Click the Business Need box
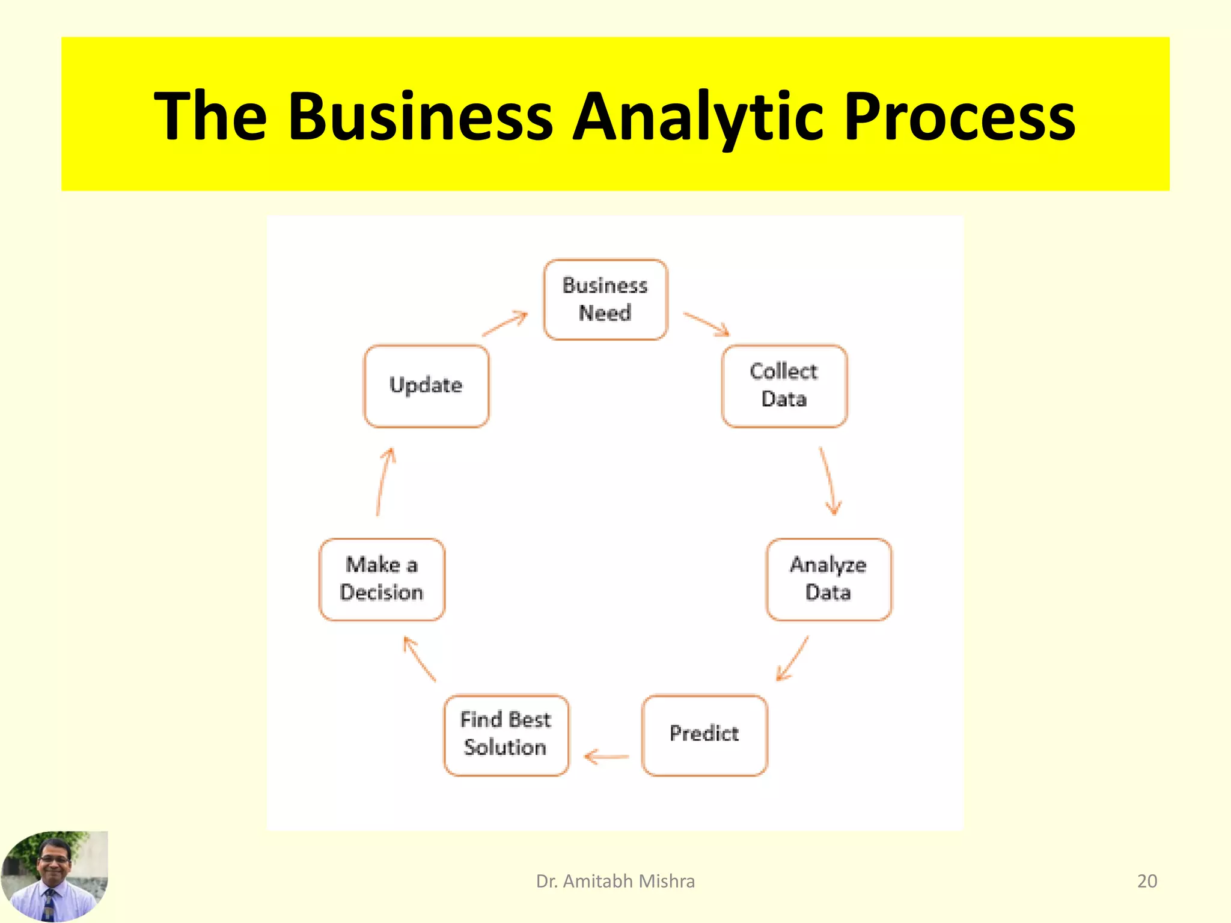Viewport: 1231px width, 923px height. click(x=605, y=299)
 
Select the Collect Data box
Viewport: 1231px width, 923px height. click(x=784, y=386)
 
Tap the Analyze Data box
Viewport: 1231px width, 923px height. click(x=828, y=579)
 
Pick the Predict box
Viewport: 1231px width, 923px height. click(x=704, y=734)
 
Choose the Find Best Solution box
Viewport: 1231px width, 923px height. click(x=506, y=734)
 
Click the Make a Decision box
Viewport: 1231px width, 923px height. click(x=382, y=579)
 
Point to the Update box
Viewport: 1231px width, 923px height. click(x=426, y=386)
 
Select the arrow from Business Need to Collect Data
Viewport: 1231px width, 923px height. click(x=706, y=324)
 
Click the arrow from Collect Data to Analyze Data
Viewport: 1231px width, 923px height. click(x=828, y=481)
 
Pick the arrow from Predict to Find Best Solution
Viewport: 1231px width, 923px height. click(x=606, y=757)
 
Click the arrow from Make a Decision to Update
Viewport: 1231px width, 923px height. click(x=384, y=481)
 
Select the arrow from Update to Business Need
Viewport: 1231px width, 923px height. click(x=505, y=324)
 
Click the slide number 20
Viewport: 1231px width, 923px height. click(x=1147, y=881)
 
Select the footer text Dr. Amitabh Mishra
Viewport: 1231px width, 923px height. click(x=615, y=881)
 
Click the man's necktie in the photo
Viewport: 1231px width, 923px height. click(x=49, y=904)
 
